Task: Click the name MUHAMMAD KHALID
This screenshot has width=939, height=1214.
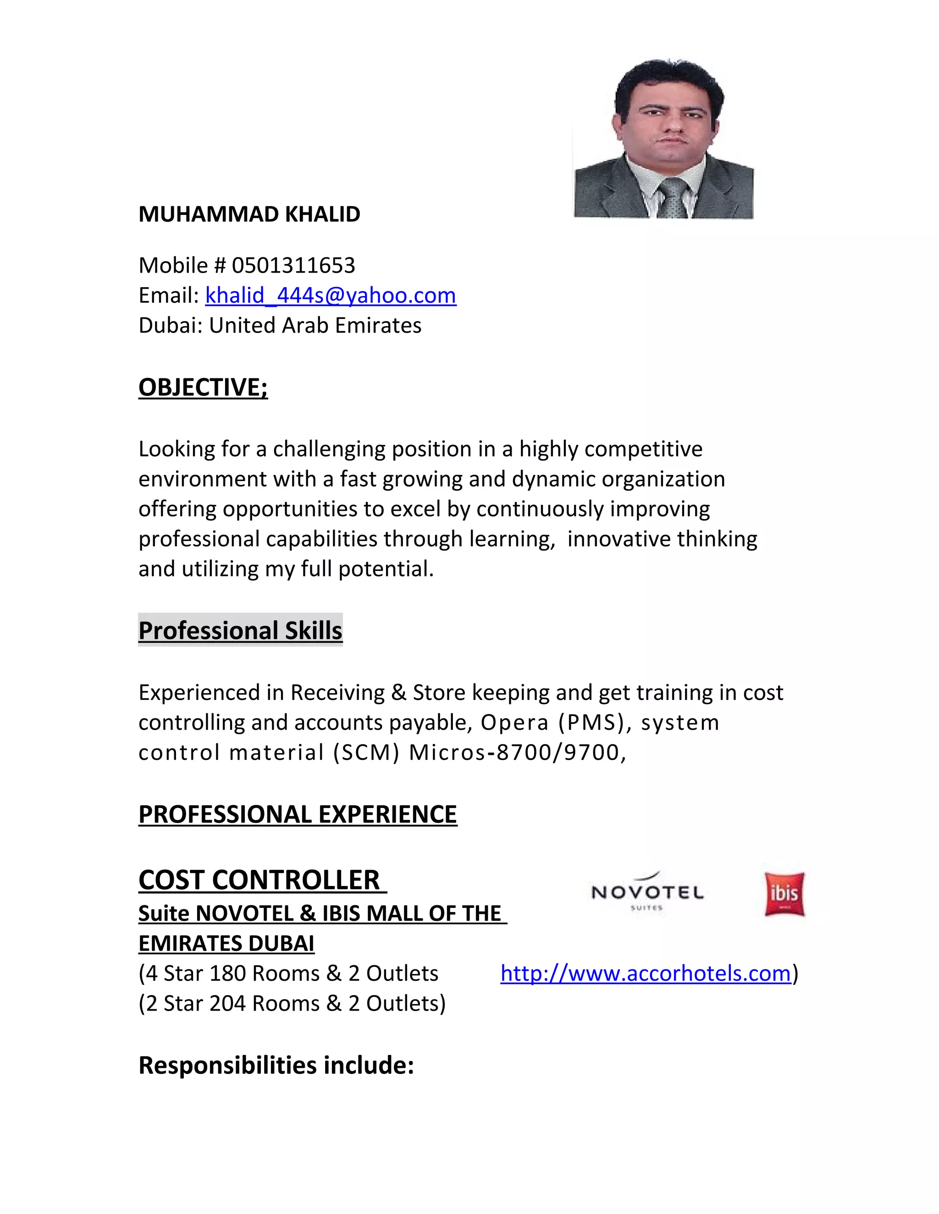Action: tap(249, 214)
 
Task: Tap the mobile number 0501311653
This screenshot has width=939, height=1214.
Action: tap(293, 266)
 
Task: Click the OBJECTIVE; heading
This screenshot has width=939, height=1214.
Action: tap(203, 388)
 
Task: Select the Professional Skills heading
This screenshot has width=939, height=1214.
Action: tap(240, 631)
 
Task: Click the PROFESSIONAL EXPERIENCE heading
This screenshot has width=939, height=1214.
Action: tap(298, 815)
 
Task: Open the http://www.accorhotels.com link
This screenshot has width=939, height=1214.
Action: tap(645, 973)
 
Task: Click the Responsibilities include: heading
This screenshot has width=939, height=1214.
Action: tap(276, 1066)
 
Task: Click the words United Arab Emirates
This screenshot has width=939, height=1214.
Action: tap(315, 326)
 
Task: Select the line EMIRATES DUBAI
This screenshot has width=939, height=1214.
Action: tap(226, 944)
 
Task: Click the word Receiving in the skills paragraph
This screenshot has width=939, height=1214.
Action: tap(337, 693)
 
